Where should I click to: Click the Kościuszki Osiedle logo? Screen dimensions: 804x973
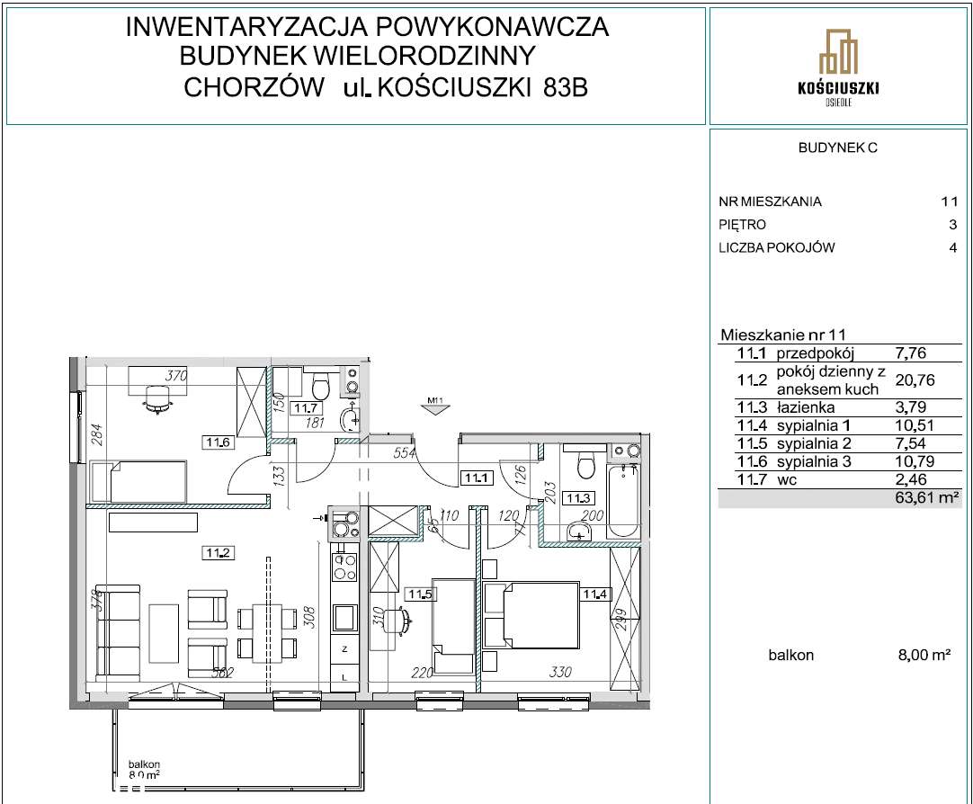pos(838,67)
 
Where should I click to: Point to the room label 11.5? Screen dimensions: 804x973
pos(418,594)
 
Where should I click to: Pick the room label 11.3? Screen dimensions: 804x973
pos(576,496)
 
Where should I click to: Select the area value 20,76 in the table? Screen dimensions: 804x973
pos(915,380)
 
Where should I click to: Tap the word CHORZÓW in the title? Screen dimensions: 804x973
pos(254,87)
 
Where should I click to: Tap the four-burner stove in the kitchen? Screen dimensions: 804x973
pos(344,567)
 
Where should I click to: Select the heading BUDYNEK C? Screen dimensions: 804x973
pos(836,149)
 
